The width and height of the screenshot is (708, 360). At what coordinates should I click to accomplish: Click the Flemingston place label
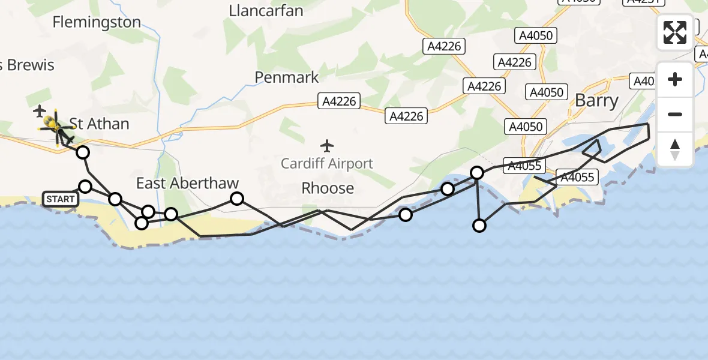[97, 22]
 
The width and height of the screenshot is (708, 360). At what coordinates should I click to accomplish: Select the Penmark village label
[287, 77]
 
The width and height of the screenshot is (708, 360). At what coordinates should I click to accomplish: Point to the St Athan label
[99, 124]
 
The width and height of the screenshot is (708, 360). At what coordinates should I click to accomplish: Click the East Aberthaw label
[187, 183]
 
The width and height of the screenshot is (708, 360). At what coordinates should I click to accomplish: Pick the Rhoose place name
[328, 188]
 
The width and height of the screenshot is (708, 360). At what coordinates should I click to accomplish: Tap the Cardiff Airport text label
[328, 163]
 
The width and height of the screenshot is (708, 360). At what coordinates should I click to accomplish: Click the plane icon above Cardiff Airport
[327, 145]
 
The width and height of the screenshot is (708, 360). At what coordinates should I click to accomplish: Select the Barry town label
[596, 100]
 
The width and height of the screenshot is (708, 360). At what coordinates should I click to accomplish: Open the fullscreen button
[675, 32]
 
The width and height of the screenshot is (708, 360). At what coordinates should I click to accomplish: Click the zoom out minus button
[675, 114]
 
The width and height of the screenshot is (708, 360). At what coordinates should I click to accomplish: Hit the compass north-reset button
[675, 149]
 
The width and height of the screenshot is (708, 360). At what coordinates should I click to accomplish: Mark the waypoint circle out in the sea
[479, 226]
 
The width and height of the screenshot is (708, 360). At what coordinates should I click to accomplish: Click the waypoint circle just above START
[85, 187]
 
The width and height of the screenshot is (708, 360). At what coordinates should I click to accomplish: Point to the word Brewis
[30, 65]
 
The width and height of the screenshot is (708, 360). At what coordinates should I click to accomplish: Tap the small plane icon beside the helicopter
[40, 111]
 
